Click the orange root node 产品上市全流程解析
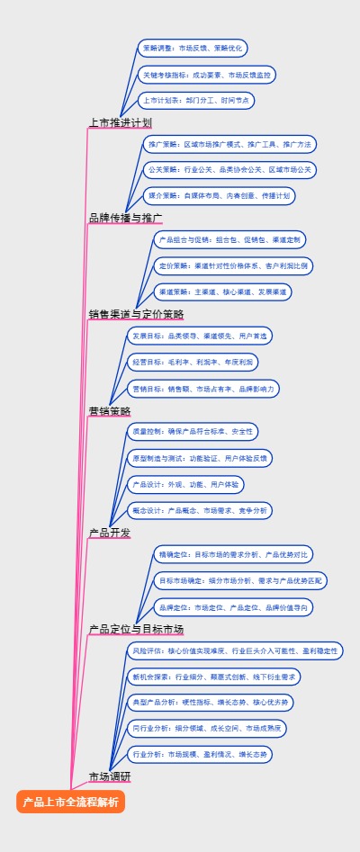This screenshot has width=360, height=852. pos(70,802)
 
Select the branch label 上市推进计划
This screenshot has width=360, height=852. pos(121,122)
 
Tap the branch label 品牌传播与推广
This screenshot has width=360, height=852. pos(126,218)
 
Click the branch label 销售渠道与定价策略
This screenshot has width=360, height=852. pos(136,314)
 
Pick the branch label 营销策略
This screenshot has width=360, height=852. pos(110,410)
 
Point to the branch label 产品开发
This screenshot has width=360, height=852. pos(110,533)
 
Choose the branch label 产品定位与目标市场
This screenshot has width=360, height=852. pos(136,629)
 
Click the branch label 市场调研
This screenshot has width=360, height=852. pos(110,776)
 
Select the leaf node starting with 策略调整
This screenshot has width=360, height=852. pos(191,49)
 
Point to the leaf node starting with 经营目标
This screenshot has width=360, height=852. pos(193,362)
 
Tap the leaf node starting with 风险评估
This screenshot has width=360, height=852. pos(235,650)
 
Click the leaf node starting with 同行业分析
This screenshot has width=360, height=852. pos(207,727)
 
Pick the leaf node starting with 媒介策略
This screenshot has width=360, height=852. pos(220,195)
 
